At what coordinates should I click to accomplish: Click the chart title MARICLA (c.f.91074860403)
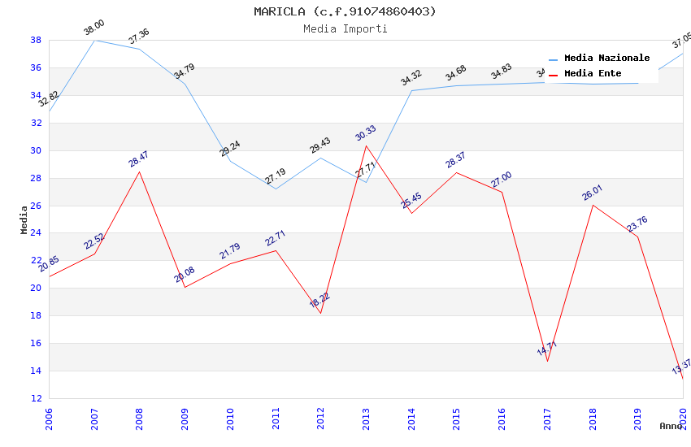coord(345,11)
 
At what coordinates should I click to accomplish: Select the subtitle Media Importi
coord(345,28)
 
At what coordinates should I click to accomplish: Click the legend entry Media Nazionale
coord(606,59)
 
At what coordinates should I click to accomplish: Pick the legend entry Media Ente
coord(593,74)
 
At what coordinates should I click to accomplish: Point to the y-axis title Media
coord(24,219)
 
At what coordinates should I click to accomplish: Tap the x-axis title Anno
coord(671,426)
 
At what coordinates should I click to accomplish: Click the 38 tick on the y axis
coord(37,40)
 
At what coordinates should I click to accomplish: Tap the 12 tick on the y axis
coord(37,398)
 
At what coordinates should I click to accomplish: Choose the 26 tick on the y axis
coord(37,206)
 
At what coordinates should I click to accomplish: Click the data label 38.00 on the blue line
coord(94,28)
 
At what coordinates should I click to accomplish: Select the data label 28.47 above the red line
coord(139,159)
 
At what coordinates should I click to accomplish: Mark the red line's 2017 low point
coord(547,361)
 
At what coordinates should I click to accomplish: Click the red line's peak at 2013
coord(366,145)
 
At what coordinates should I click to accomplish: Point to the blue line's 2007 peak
coord(94,40)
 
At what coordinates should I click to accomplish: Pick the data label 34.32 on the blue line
coord(411,78)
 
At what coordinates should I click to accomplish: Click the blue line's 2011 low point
coord(276,189)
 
